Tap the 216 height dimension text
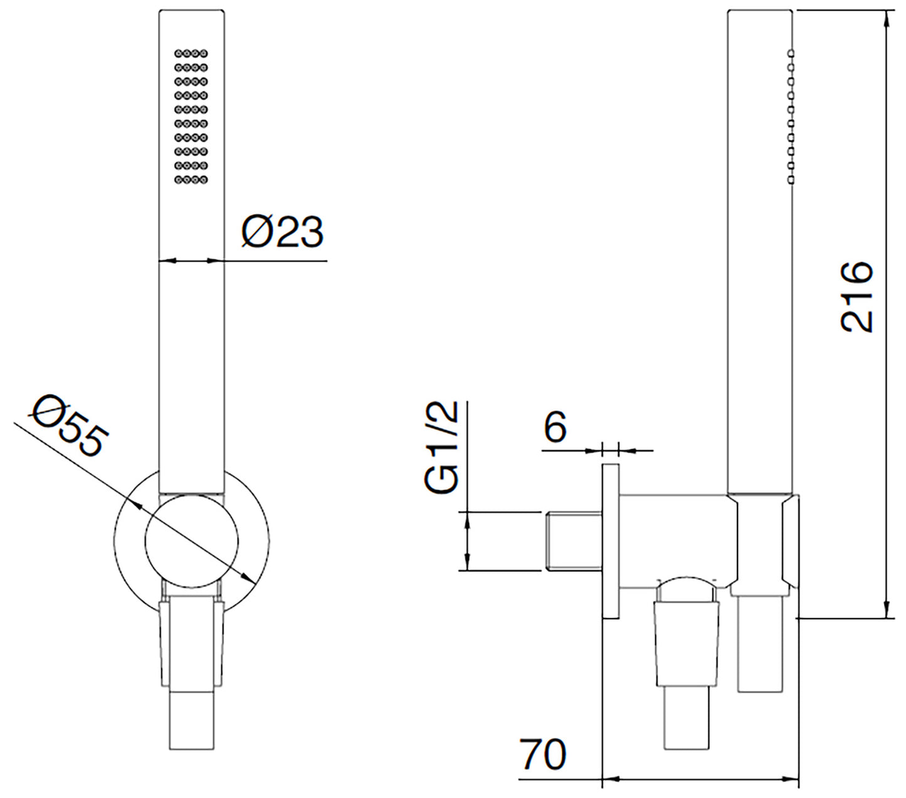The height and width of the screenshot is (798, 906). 856,297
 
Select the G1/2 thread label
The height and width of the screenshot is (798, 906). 441,447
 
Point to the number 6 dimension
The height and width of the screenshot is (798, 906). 555,426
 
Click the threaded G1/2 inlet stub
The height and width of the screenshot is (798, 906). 574,542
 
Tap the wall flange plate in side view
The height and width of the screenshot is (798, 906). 611,541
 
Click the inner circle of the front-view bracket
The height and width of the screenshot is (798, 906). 191,541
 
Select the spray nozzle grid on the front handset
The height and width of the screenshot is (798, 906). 191,116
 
